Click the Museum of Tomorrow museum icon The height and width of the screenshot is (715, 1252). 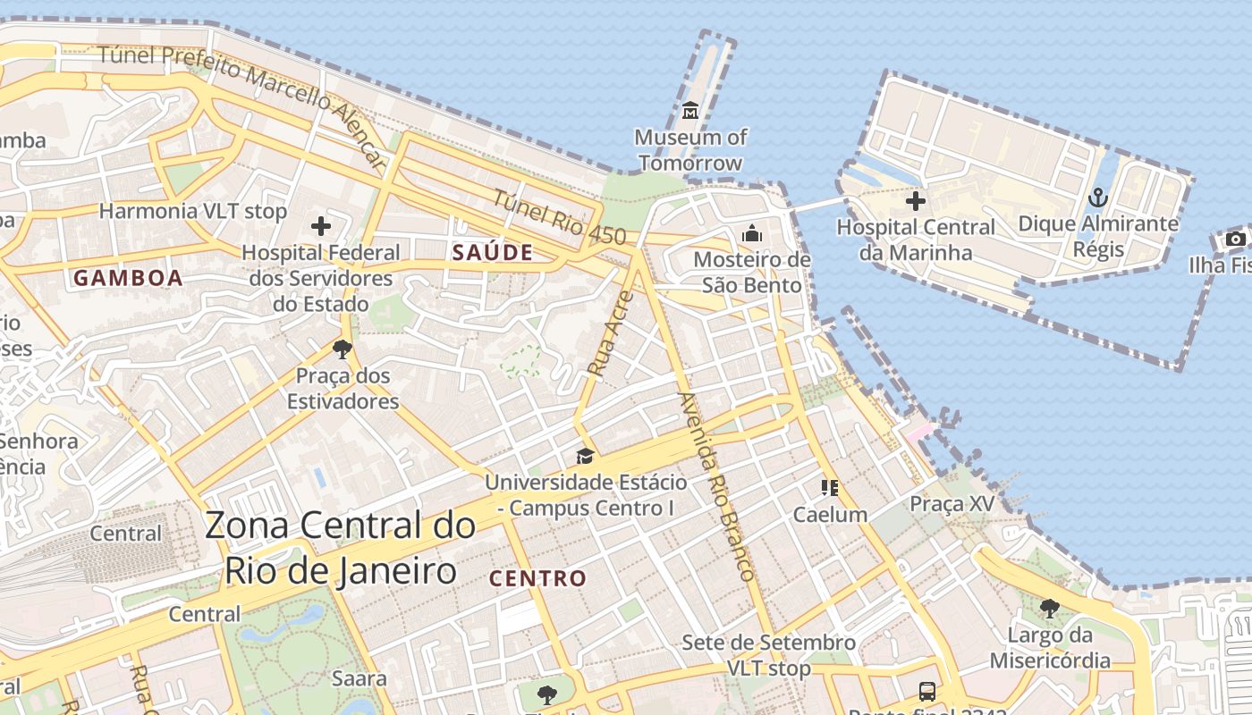point(690,111)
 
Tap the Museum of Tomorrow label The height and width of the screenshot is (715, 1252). point(690,150)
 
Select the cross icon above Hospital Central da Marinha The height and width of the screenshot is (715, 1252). point(915,201)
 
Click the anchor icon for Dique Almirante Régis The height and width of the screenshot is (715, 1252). point(1097,198)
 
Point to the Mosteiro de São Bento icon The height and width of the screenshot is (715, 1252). point(752,233)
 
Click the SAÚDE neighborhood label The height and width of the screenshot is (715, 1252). point(492,253)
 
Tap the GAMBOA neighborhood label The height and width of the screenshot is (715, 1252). point(128,278)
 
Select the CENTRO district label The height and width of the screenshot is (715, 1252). point(537,578)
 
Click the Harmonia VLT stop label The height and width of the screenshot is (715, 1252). point(193,212)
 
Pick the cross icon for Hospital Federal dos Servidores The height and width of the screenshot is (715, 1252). point(321,226)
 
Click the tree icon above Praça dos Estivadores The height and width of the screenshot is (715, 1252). point(342,349)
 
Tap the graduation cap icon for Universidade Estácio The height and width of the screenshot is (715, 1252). point(585,456)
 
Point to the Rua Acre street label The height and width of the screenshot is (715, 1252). point(611,332)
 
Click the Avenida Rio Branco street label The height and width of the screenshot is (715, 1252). point(718,486)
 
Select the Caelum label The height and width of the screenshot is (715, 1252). point(830,515)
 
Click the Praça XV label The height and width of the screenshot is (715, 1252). point(952,504)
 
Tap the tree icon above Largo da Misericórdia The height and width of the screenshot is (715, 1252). point(1050,609)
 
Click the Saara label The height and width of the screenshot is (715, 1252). point(360,678)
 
